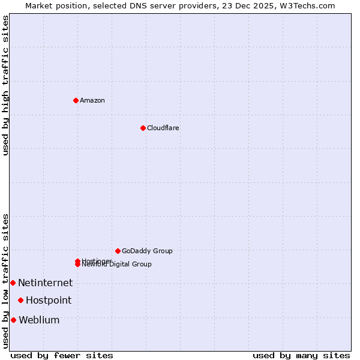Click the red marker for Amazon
(x=76, y=100)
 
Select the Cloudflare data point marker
(x=143, y=128)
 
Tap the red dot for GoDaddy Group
(x=118, y=251)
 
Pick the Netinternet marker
(x=13, y=283)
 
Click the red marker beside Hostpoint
(x=20, y=300)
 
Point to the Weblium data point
(x=13, y=320)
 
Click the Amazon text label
(x=92, y=100)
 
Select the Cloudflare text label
(x=163, y=128)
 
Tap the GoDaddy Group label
(x=147, y=251)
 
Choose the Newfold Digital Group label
(x=116, y=265)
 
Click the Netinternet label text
(x=45, y=283)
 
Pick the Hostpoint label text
(x=49, y=300)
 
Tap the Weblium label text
(x=39, y=320)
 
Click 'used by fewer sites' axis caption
(x=62, y=355)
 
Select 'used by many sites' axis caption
(x=301, y=355)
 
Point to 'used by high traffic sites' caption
(x=5, y=85)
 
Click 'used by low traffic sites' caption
(x=5, y=281)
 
